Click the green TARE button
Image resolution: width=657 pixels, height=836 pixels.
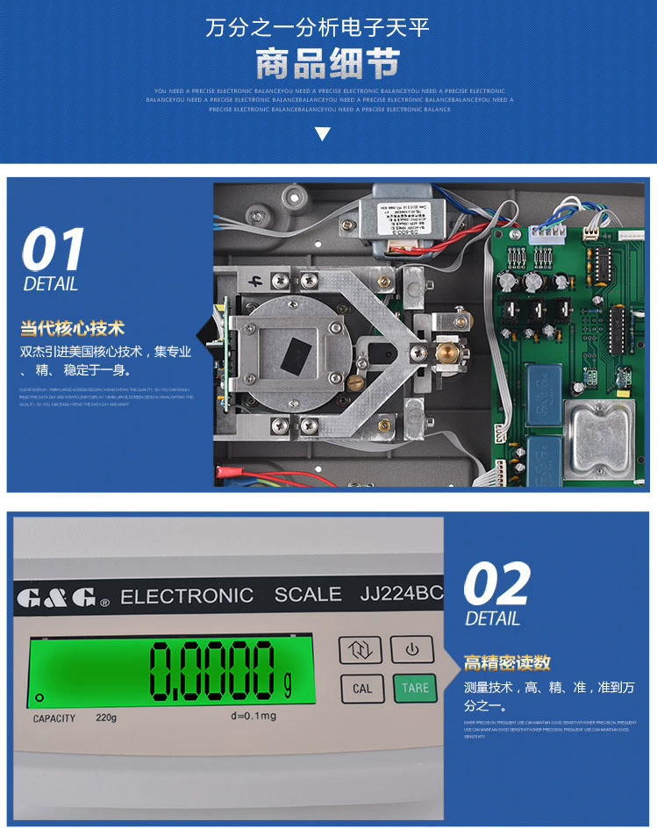pyautogui.click(x=414, y=687)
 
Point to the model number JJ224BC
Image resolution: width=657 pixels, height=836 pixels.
pyautogui.click(x=402, y=594)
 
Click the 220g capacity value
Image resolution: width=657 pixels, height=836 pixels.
pyautogui.click(x=106, y=718)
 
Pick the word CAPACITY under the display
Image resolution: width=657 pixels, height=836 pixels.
pyautogui.click(x=54, y=718)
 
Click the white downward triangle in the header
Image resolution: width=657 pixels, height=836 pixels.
pyautogui.click(x=322, y=134)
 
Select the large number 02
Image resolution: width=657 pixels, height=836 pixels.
pyautogui.click(x=496, y=584)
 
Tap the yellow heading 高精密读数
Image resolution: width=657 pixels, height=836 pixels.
pyautogui.click(x=507, y=662)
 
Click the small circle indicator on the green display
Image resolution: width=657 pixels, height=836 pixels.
pyautogui.click(x=39, y=698)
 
